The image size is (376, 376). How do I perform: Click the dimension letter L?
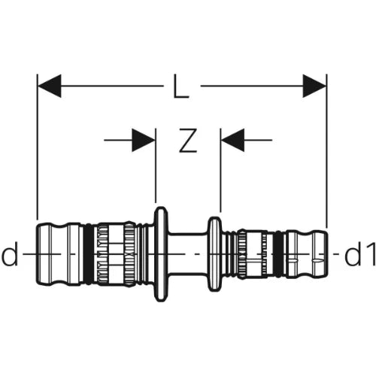pos(181,86)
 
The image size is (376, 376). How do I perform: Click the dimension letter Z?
pos(188,141)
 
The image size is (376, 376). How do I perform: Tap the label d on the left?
pos(10,254)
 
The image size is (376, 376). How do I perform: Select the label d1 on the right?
pos(360,254)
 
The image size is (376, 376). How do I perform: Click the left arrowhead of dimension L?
pos(50,86)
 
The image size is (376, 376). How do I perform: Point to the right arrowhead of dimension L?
pos(314,86)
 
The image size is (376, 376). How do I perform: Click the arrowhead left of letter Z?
pos(144,140)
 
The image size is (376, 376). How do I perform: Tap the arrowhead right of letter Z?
pos(232,140)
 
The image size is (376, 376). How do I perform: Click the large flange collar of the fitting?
pos(161,254)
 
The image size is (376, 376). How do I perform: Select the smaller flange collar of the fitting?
pos(215,254)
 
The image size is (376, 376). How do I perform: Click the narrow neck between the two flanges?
pos(188,254)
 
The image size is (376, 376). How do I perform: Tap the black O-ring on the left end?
pos(88,254)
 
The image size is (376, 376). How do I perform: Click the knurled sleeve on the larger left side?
pos(115,254)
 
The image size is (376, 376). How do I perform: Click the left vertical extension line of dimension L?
pos(38,147)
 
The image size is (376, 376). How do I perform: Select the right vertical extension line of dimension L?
pos(327,150)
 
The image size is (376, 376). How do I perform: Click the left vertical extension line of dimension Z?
pos(156,165)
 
